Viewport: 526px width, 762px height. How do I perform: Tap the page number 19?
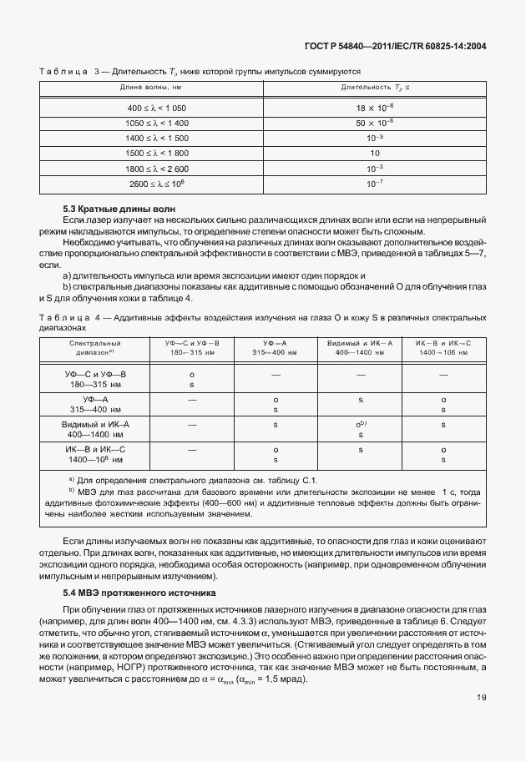482,721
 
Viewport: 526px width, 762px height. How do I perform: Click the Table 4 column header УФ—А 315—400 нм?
276,347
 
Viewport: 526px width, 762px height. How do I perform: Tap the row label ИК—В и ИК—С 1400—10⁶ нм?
96,454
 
